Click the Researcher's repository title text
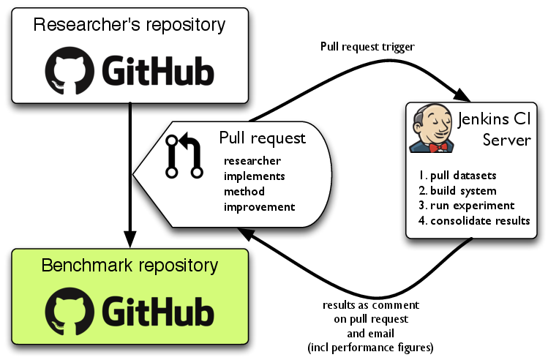tap(130, 25)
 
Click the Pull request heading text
tap(262, 138)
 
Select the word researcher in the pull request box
tap(252, 161)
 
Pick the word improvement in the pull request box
tap(260, 206)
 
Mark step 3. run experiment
tap(468, 205)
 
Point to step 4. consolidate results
tap(475, 220)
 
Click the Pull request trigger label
tap(367, 47)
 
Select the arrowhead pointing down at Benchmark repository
tap(130, 239)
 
